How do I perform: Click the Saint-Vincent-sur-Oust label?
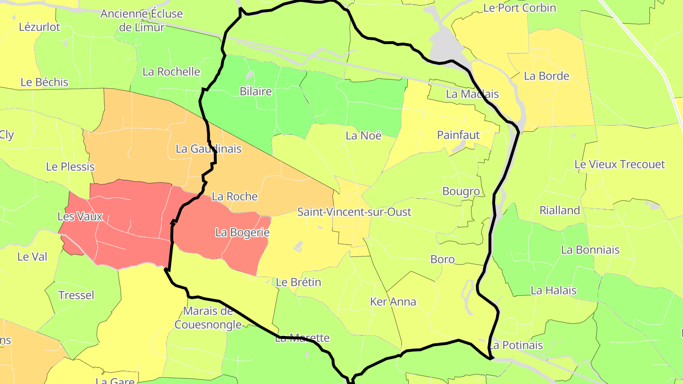[x=354, y=212]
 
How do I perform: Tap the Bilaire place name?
[x=256, y=91]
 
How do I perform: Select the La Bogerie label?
[x=242, y=233]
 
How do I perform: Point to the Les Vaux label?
[x=80, y=217]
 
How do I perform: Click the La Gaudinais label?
[x=208, y=149]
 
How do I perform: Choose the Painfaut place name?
[x=458, y=135]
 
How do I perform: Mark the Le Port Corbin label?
[x=519, y=8]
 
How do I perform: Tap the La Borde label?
[x=546, y=76]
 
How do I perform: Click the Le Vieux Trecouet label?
[x=619, y=165]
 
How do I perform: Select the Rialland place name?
[x=560, y=210]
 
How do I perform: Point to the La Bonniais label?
[x=590, y=250]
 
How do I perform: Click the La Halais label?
[x=554, y=290]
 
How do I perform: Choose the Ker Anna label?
[x=393, y=302]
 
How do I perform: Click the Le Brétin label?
[x=298, y=282]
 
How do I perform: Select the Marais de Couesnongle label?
[x=208, y=318]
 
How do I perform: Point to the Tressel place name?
[x=76, y=295]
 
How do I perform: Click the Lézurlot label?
[x=39, y=27]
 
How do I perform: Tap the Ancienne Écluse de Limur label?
[x=141, y=20]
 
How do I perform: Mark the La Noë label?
[x=363, y=136]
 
